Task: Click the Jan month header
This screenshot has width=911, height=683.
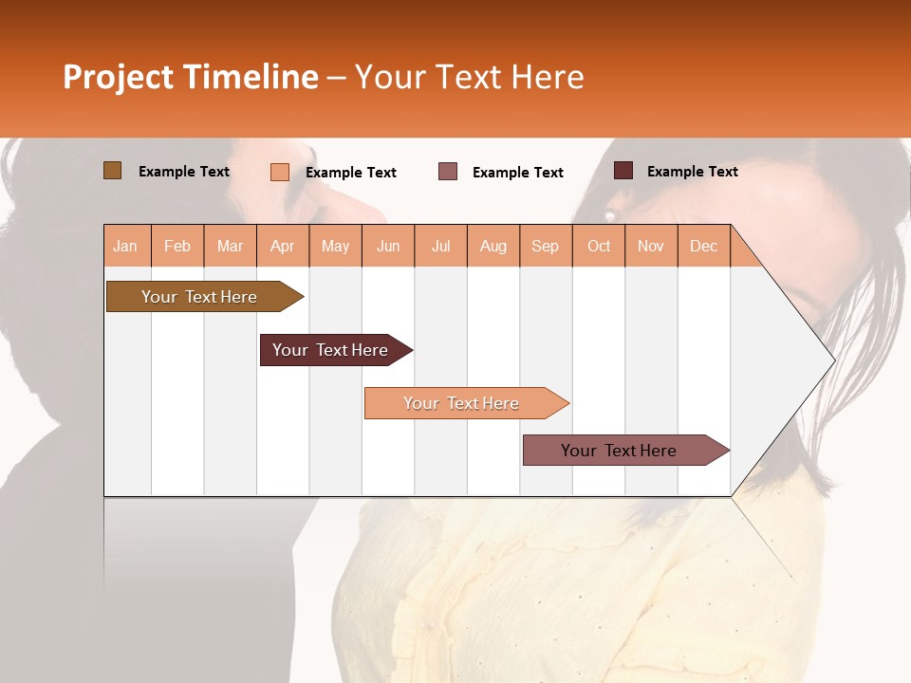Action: click(126, 246)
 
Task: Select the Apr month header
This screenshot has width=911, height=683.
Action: click(283, 246)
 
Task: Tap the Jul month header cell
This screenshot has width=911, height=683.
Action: click(440, 246)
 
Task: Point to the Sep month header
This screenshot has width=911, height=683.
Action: click(545, 246)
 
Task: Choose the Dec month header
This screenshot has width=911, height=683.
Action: click(703, 246)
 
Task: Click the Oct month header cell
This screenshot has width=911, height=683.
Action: click(599, 246)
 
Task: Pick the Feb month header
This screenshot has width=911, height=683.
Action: click(177, 246)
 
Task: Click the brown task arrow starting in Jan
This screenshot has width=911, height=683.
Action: click(200, 297)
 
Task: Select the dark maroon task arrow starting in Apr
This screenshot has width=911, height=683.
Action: click(331, 350)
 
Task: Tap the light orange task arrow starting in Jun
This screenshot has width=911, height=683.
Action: click(462, 403)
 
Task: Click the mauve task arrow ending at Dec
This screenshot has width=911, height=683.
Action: click(620, 451)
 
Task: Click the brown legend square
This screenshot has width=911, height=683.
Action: click(112, 171)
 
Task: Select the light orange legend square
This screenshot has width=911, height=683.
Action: click(280, 172)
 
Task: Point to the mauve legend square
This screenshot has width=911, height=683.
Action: click(448, 172)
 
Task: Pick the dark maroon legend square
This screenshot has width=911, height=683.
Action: click(623, 171)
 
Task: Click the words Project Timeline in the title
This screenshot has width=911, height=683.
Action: click(191, 77)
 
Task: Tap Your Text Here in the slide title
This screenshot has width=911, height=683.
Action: click(470, 77)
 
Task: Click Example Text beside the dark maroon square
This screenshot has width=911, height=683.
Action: click(692, 172)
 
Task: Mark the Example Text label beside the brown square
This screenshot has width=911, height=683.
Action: click(184, 172)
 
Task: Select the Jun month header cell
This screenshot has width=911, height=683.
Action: click(388, 246)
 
